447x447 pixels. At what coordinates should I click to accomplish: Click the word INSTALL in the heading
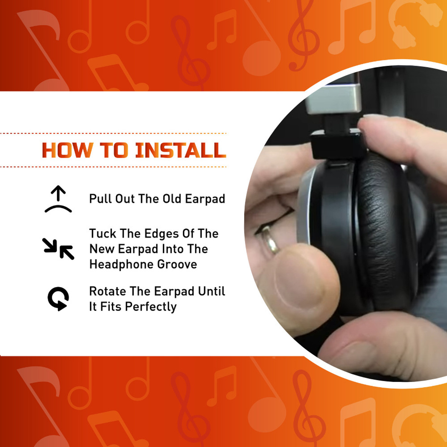(x=181, y=150)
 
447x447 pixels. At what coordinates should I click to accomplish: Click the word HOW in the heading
(x=67, y=150)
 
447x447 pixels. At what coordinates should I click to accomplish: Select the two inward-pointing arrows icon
(x=58, y=249)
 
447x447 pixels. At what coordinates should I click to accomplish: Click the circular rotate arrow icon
(x=58, y=299)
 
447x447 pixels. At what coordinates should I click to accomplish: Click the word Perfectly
(x=151, y=307)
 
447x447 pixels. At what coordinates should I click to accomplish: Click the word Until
(x=212, y=291)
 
